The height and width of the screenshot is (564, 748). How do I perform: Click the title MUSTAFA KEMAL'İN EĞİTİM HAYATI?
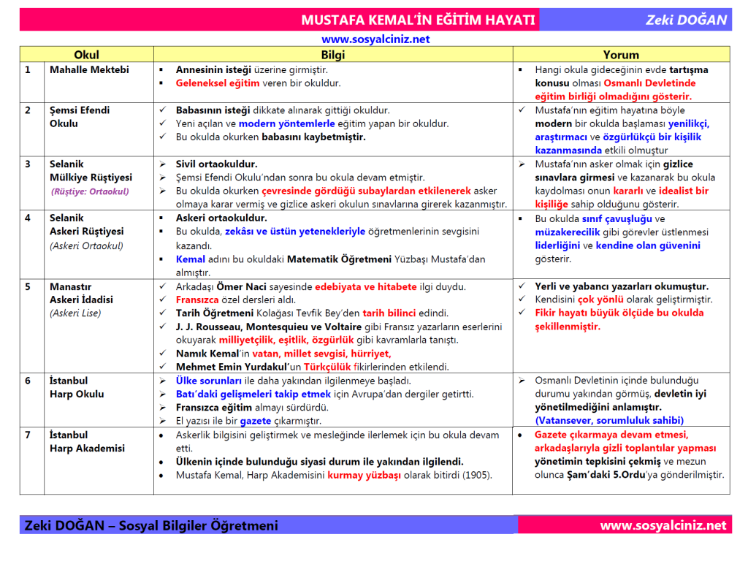418,20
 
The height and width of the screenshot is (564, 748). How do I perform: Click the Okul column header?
86,55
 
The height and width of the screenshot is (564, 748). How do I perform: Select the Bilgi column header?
332,55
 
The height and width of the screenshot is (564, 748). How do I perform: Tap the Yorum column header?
621,55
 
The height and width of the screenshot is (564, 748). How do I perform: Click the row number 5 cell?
28,286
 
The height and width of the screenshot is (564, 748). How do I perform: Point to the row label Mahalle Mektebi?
89,70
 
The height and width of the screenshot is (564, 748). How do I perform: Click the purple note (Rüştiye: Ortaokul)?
90,191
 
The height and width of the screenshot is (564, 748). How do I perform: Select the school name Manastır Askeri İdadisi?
81,293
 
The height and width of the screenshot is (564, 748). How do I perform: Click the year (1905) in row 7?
478,474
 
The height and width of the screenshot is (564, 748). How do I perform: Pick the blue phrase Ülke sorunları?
209,381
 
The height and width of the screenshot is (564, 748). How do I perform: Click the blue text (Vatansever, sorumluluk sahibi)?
609,420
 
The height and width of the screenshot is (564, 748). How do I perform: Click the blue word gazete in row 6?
256,421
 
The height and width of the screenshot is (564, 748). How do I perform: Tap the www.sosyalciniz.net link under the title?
375,39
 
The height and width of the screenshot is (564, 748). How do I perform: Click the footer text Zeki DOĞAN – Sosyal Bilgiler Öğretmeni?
151,525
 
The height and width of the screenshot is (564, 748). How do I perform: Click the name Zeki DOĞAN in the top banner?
686,20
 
